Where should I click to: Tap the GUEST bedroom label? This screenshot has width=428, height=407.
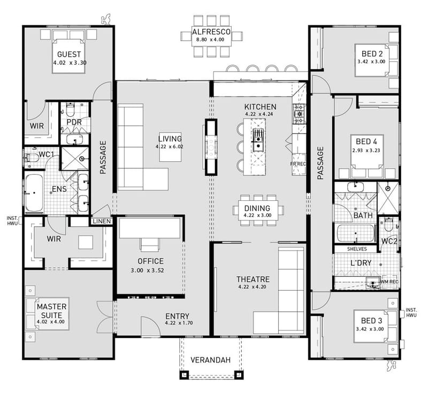point(69,54)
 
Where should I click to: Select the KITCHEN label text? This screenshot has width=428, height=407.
point(260,107)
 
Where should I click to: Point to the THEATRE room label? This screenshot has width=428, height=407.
point(253,279)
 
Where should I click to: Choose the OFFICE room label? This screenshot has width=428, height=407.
point(150,261)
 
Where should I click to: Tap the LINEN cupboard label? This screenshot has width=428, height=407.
point(101,221)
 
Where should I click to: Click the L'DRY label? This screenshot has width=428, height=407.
point(361,263)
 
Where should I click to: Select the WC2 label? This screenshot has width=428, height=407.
point(388,241)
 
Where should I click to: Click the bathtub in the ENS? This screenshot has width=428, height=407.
point(34,193)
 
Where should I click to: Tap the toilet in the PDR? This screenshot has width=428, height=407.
point(70,110)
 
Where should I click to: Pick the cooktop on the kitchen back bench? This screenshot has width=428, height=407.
point(298,111)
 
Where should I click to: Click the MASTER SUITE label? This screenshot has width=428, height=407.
point(51,311)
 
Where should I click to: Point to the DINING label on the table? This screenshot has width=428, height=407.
point(257,208)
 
